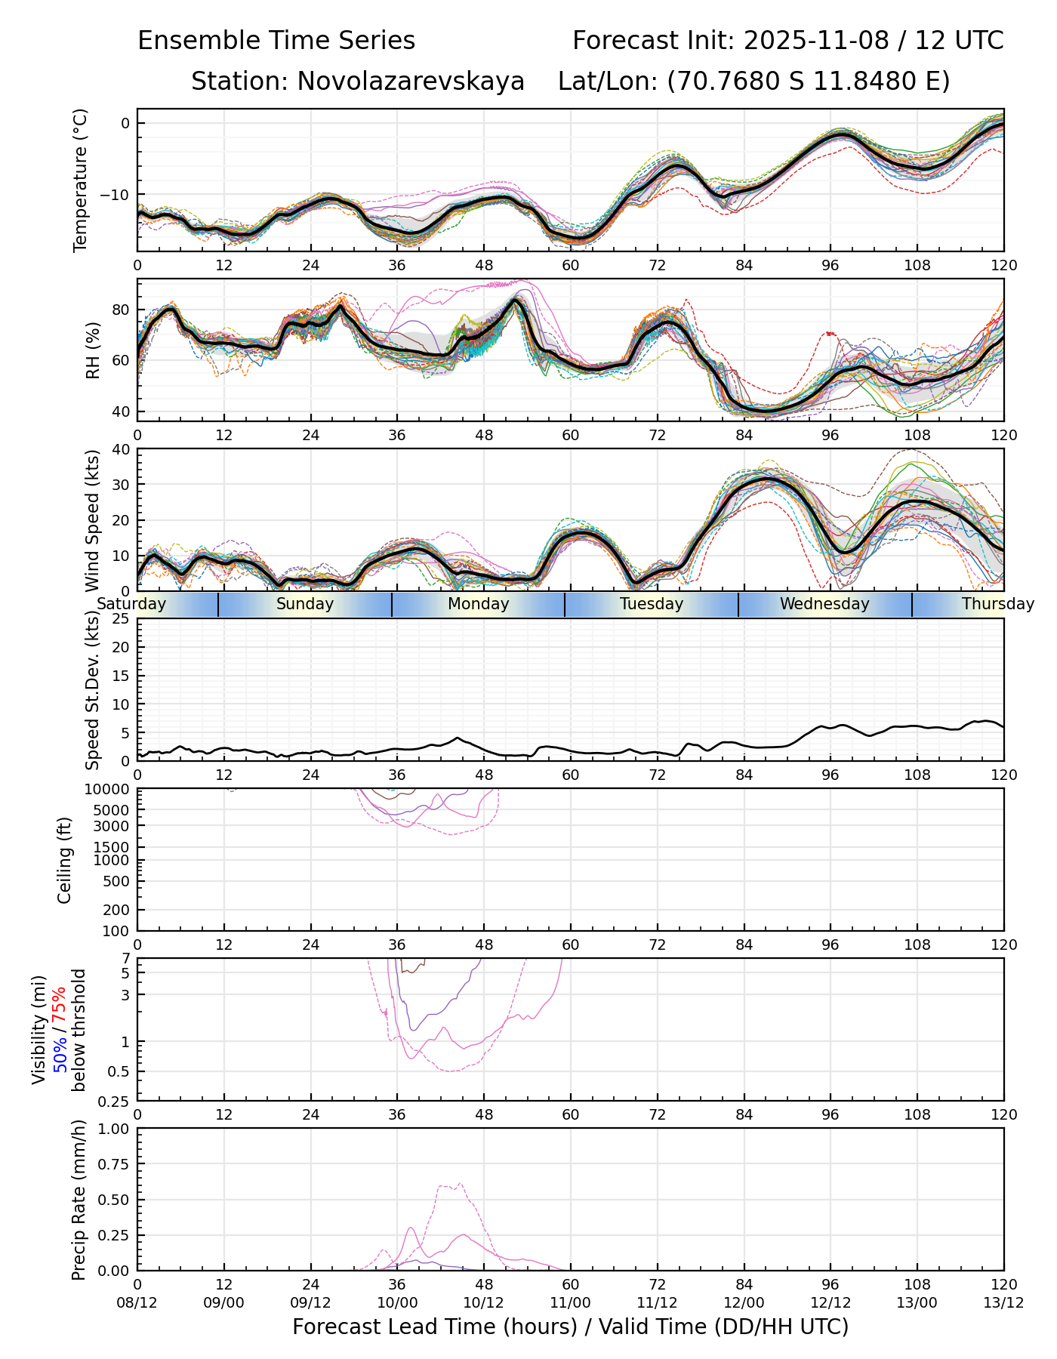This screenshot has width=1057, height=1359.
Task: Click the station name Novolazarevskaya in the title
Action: click(410, 81)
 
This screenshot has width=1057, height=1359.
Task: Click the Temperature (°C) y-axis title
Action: click(80, 180)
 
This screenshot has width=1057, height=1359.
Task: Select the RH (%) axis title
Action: click(93, 350)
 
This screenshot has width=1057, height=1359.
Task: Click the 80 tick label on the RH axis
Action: click(121, 310)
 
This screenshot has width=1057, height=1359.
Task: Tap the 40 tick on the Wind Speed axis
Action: click(121, 449)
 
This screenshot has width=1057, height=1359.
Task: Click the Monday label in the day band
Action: click(478, 604)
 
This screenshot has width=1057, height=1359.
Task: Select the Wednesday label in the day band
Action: click(824, 604)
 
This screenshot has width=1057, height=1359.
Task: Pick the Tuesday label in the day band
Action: click(652, 604)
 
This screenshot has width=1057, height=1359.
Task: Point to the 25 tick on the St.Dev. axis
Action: click(121, 619)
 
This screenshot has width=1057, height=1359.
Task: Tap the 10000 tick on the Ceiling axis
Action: click(110, 790)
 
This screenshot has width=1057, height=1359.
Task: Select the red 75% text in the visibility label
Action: click(59, 1006)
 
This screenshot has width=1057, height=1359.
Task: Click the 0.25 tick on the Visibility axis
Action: click(116, 1101)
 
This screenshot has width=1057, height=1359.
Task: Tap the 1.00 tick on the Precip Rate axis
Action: click(116, 1129)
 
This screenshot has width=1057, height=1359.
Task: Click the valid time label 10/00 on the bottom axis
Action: click(397, 1303)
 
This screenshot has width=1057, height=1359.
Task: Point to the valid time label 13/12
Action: click(1003, 1303)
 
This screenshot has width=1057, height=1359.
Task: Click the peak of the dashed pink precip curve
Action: click(460, 1184)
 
